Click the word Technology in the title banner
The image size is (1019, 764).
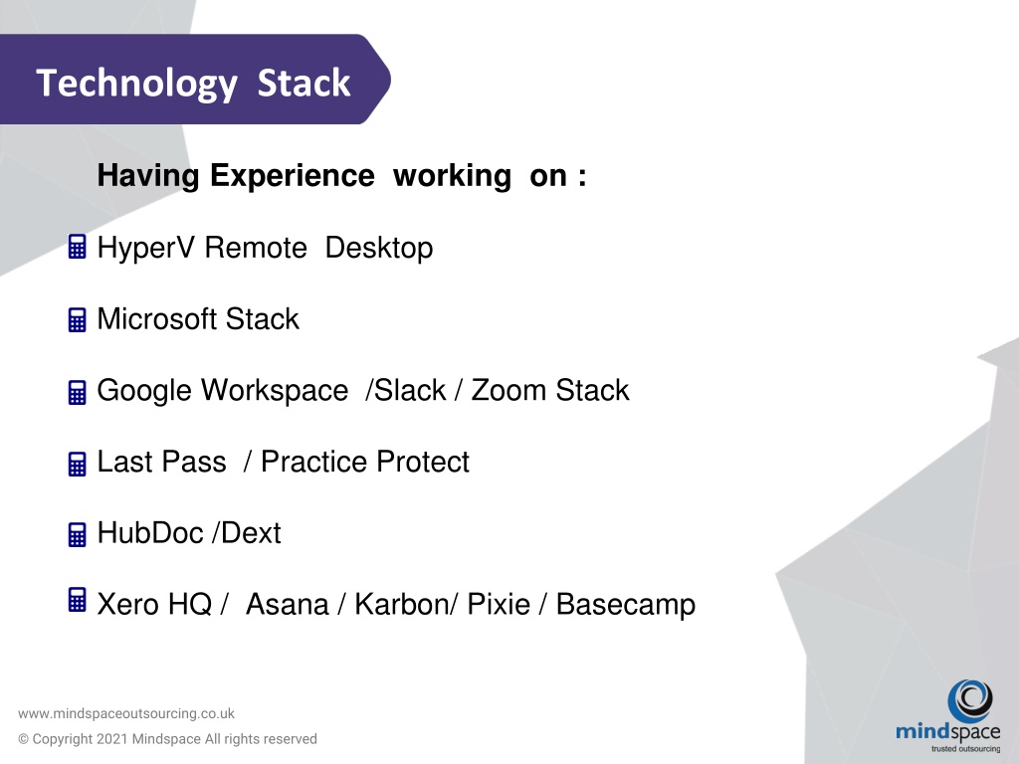tap(136, 84)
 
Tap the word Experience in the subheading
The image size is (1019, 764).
tap(292, 176)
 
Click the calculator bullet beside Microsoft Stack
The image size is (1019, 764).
tap(77, 319)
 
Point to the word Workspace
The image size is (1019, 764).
tap(275, 391)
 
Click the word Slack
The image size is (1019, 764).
tap(410, 390)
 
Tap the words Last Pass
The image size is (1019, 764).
tap(162, 462)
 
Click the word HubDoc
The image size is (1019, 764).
tap(150, 533)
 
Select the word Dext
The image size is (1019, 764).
tap(251, 533)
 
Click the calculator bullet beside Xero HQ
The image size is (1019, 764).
tap(77, 600)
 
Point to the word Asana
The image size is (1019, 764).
tap(288, 604)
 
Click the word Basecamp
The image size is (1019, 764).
tap(626, 605)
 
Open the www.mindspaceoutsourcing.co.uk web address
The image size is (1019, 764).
tap(126, 713)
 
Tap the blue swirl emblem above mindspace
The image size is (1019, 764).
tap(969, 700)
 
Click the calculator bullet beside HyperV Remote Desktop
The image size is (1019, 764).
tap(77, 247)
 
